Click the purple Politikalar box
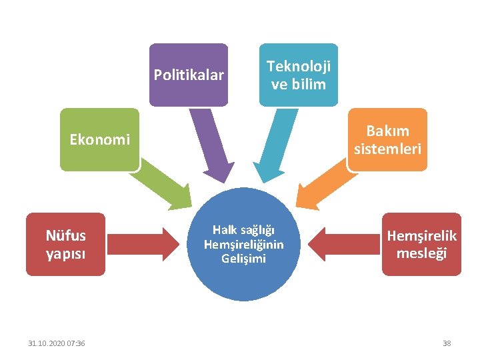[x=189, y=75]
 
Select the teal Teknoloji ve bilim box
[x=298, y=75]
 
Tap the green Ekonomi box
[x=99, y=139]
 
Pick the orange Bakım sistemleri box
[x=387, y=139]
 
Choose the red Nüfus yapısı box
[x=65, y=244]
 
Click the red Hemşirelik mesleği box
[x=421, y=244]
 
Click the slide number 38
[x=447, y=343]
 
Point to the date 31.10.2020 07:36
[x=56, y=343]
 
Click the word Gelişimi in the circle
[x=243, y=258]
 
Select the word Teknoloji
[x=299, y=67]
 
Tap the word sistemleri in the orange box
[x=387, y=149]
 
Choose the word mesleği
[x=421, y=253]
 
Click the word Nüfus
[x=65, y=235]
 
